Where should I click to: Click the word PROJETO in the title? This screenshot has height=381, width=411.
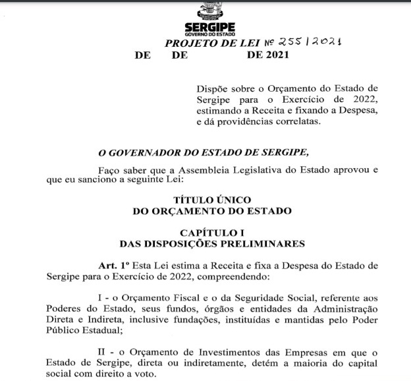click(x=190, y=43)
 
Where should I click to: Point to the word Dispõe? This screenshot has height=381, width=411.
click(x=213, y=88)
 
